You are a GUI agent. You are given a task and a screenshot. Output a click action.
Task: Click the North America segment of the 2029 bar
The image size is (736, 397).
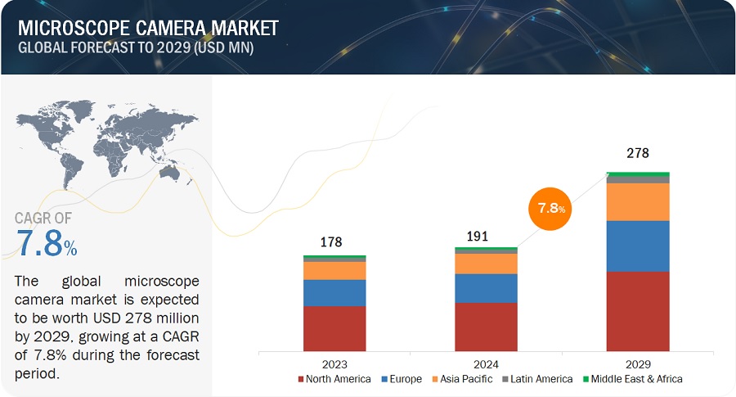[x=638, y=311]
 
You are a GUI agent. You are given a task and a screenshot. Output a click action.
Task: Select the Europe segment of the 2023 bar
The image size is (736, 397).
[x=334, y=292]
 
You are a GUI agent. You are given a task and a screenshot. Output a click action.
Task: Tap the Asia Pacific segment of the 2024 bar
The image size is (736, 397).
[x=486, y=264]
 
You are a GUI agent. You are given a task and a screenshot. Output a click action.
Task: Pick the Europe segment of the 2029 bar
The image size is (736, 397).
[x=638, y=246]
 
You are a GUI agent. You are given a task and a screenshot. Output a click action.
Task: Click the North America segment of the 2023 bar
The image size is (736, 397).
[x=334, y=328]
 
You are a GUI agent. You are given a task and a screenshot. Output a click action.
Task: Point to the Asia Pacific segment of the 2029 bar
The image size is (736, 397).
[x=638, y=201]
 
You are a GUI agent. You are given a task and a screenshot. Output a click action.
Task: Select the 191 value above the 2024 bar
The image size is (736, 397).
[x=478, y=237]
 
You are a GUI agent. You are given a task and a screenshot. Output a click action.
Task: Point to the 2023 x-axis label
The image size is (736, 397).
[x=334, y=364]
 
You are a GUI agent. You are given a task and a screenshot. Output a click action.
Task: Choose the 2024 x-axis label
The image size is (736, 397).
[x=486, y=364]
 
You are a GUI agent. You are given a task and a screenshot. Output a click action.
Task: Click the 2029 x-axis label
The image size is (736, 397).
[x=638, y=364]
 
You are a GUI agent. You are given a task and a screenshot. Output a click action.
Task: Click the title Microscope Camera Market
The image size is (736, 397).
[x=147, y=27]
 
